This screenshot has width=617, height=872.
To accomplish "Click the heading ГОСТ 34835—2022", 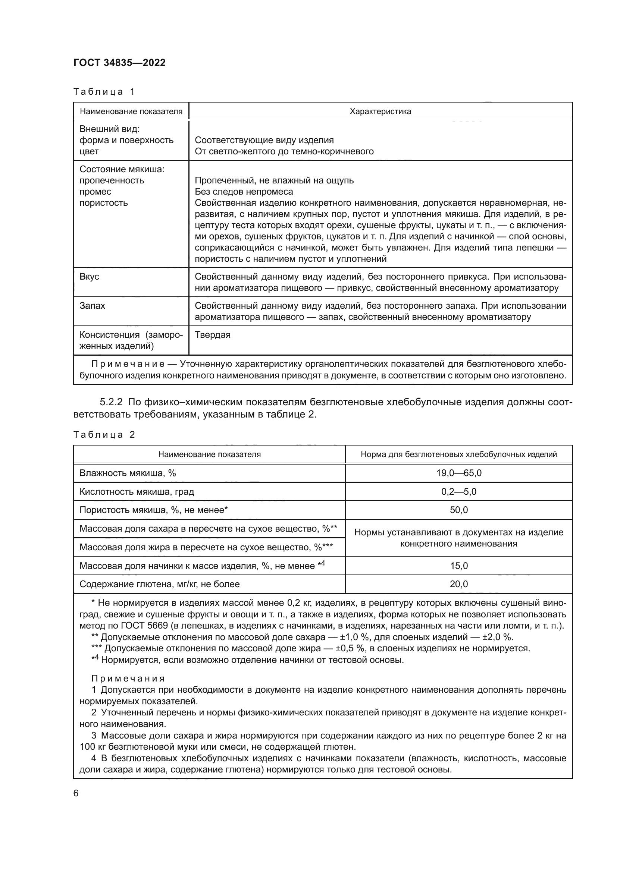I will click(x=119, y=63).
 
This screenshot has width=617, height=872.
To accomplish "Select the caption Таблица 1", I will click(x=104, y=92).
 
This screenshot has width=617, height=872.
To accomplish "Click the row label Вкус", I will click(x=89, y=277).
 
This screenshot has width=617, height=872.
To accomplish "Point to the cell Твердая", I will click(x=213, y=335).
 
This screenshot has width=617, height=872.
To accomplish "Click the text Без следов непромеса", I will click(x=244, y=191).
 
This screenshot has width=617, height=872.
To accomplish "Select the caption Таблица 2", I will click(x=104, y=434).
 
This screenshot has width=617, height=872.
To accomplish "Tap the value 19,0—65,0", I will click(x=458, y=473).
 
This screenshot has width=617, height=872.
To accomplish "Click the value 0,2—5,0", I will click(x=458, y=492).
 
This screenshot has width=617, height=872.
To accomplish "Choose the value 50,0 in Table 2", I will click(x=458, y=510).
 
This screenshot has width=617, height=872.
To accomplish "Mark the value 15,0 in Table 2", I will click(x=458, y=566).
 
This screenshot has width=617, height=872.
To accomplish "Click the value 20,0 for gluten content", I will click(x=458, y=584).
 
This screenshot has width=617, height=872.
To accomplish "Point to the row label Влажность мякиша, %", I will click(x=128, y=473).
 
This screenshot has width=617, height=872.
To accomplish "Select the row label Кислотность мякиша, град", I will click(x=137, y=492).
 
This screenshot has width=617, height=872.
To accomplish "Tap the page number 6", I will click(x=76, y=793).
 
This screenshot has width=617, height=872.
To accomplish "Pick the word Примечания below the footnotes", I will click(x=128, y=679).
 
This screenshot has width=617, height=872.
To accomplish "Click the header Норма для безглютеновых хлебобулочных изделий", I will click(x=458, y=454).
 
